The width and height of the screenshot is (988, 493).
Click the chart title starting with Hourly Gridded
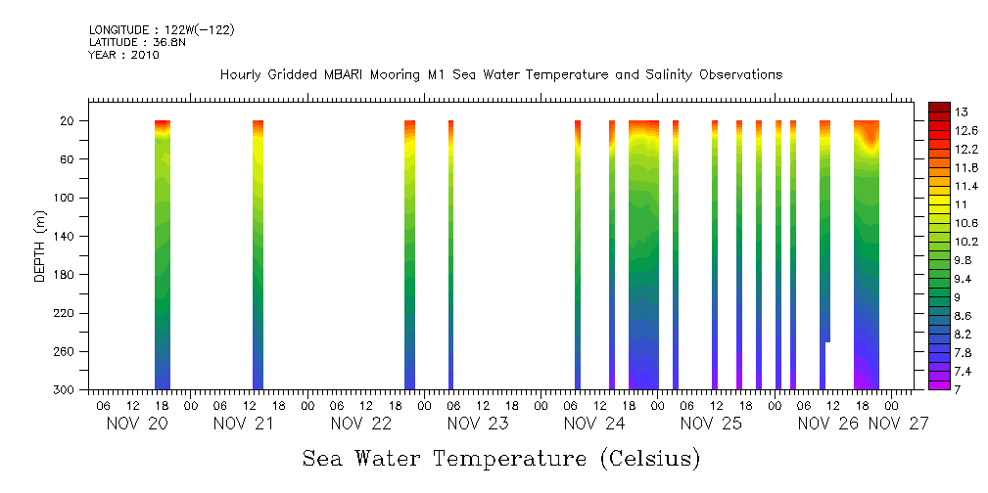pos(500,75)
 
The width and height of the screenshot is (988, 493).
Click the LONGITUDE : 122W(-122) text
pos(162,30)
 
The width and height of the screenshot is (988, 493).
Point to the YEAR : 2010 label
pos(123,55)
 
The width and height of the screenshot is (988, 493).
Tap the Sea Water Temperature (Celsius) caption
pos(500,458)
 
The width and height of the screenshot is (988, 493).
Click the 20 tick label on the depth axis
pos(69,121)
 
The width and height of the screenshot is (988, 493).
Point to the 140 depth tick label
pos(66,237)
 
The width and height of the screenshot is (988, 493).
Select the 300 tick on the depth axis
pos(66,390)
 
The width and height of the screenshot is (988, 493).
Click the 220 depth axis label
pos(66,313)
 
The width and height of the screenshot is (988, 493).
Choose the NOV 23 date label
pos(477,424)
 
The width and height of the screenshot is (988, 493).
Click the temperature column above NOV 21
pos(259,254)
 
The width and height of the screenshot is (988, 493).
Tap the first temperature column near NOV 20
pos(163,254)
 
